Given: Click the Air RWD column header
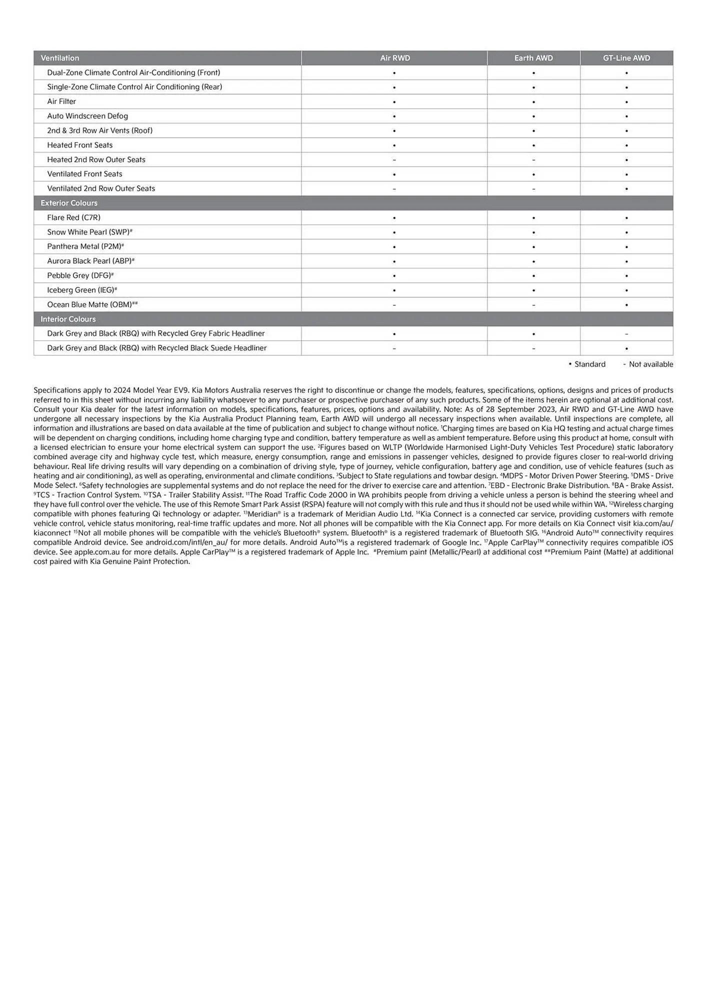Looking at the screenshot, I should [x=394, y=58].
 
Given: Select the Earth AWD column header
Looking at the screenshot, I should [x=533, y=58].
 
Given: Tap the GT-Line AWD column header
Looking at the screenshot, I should [x=626, y=58].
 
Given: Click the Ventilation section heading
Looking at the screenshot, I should [x=60, y=58].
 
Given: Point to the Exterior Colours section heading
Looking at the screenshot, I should [x=69, y=203].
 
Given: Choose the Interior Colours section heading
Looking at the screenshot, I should [x=68, y=319].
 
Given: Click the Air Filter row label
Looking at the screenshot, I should [x=61, y=102].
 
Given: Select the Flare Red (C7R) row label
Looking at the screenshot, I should [x=73, y=218].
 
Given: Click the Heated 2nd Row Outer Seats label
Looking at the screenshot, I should [x=96, y=160].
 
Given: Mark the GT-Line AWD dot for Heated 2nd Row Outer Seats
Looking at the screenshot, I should [x=626, y=160].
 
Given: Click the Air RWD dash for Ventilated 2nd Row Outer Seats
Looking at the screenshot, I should [x=394, y=189].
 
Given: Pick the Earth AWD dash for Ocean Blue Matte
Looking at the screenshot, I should [x=533, y=305].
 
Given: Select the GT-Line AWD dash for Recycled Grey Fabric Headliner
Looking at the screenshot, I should [x=626, y=334].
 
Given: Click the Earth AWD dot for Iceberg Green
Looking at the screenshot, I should [x=533, y=290].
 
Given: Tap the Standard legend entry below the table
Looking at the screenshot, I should [x=587, y=364].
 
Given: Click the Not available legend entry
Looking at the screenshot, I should [x=648, y=364].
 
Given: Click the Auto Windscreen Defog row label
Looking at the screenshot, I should [x=87, y=116].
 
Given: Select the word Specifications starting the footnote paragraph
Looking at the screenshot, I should [x=57, y=390].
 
